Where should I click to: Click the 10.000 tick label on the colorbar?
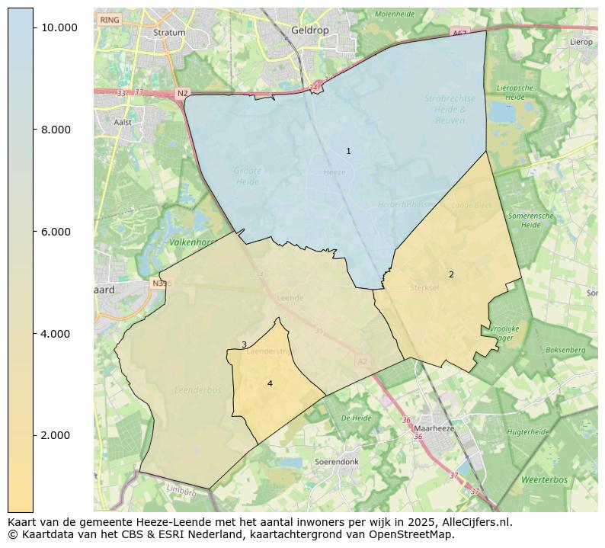click(x=59, y=27)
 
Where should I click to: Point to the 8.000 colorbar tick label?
click(x=56, y=130)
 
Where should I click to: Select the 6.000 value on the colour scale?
click(x=56, y=232)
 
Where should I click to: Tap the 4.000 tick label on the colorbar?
click(x=56, y=334)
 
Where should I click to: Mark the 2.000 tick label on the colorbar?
click(x=56, y=435)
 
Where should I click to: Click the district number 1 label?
click(x=348, y=152)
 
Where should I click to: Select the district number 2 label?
click(x=451, y=274)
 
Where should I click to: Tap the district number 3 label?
click(x=244, y=345)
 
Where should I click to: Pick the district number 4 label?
click(x=270, y=383)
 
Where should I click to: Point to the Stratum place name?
click(x=169, y=33)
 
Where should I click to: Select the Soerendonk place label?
click(x=336, y=462)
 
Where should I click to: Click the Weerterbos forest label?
click(x=544, y=480)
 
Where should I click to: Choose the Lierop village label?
click(x=581, y=42)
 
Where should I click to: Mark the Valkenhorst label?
click(x=189, y=242)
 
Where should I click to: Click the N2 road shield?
click(x=182, y=93)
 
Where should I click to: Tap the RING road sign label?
click(x=110, y=19)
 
